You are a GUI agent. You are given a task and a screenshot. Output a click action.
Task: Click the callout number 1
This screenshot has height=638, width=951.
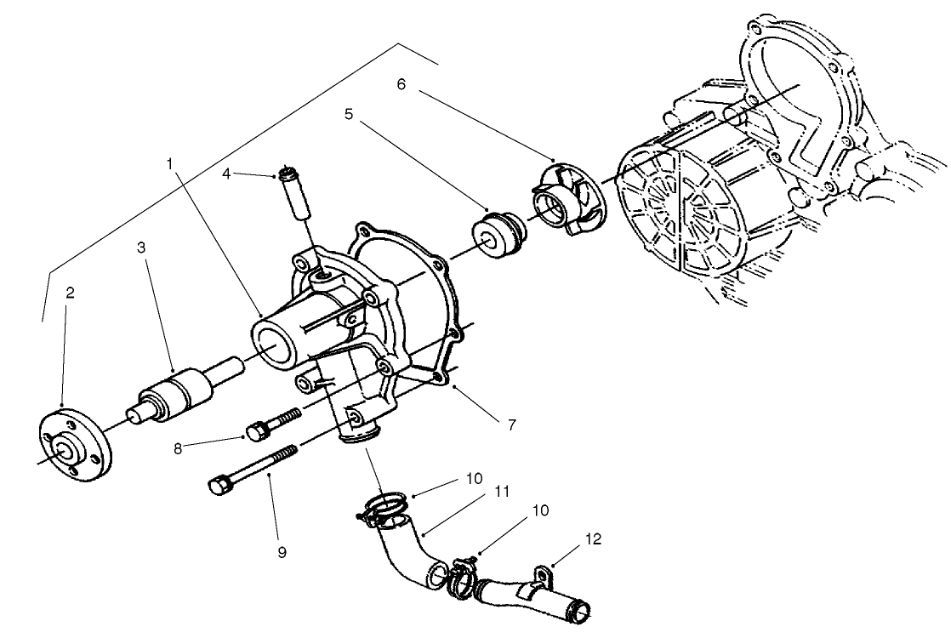[170, 161]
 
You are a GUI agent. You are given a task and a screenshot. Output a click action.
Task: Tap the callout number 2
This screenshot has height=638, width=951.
[71, 293]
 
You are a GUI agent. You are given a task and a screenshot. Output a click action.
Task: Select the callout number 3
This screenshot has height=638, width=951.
[141, 247]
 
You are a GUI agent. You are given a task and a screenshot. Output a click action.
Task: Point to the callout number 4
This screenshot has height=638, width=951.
[226, 174]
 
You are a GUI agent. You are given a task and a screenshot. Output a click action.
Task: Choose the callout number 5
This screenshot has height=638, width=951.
[349, 113]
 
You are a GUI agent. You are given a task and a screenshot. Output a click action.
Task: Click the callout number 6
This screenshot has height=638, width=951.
[401, 84]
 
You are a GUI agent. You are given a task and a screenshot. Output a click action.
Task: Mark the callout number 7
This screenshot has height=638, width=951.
[511, 424]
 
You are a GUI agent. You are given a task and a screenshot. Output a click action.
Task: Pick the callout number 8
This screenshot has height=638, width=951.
[179, 447]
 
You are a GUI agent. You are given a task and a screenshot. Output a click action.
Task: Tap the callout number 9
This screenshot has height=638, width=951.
[282, 552]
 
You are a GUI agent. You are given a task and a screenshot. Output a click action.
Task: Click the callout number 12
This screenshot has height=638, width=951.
[592, 538]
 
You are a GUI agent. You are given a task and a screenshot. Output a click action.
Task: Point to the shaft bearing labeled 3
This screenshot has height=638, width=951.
[174, 393]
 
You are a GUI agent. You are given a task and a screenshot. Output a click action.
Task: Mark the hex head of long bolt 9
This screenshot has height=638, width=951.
[218, 486]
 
